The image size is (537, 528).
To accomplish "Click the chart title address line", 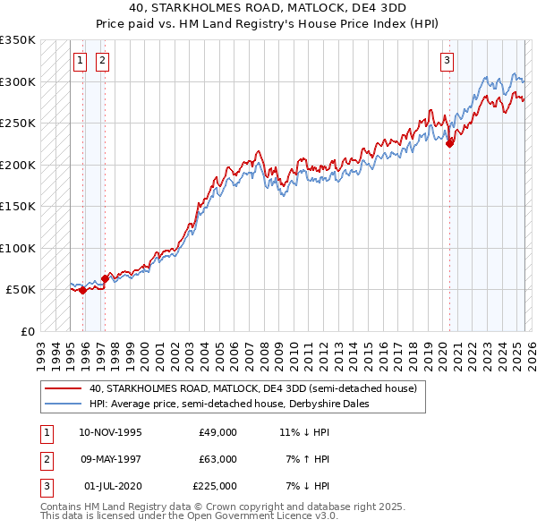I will point(268,7).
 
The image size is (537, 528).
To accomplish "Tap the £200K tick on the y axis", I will point(18,165).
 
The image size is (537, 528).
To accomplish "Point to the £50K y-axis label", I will point(21,290).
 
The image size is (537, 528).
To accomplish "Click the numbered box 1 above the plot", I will point(80,61).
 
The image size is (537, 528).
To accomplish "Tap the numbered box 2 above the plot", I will point(102,61).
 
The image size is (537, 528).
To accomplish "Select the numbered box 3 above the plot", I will point(447,61).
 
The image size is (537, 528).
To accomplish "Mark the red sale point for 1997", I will point(105,278).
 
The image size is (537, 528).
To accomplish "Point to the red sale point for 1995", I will point(82,290).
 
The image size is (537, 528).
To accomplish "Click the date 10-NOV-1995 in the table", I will point(110,432).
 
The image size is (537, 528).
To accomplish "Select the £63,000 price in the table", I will point(217,459).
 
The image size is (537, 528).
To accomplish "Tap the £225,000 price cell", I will point(215,486).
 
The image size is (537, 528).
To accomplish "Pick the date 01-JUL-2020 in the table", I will point(113,486).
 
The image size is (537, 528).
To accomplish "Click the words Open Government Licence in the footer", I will point(251,515).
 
